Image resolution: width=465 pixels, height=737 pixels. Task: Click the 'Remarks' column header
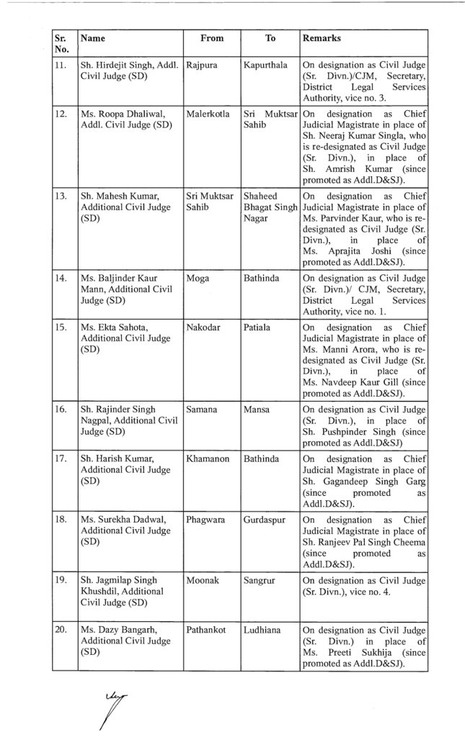click(322, 38)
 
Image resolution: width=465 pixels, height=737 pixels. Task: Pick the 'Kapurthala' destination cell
click(265, 65)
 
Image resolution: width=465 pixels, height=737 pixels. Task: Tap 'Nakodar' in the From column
click(203, 326)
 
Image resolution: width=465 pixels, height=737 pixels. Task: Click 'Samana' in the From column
click(203, 408)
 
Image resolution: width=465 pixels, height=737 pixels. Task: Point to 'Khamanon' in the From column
click(208, 457)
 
